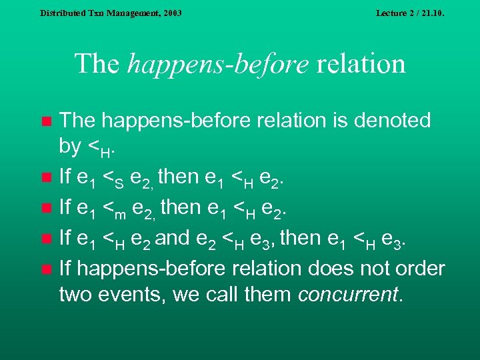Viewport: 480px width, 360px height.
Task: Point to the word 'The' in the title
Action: [97, 64]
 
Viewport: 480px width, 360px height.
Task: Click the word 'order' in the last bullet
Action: [419, 268]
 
